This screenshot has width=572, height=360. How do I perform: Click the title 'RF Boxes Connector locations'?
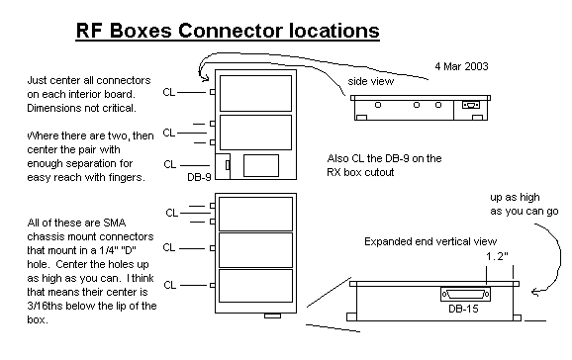tap(228, 31)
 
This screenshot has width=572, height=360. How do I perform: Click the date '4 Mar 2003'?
tap(461, 66)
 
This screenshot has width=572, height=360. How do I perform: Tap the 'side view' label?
tap(371, 81)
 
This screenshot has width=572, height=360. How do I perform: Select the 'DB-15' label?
tap(463, 309)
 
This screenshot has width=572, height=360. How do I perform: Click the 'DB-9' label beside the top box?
tap(199, 177)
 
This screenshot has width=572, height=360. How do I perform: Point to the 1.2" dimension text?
tap(497, 256)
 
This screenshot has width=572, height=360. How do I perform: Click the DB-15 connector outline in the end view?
tap(465, 294)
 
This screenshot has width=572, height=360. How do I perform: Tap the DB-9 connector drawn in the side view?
tap(471, 105)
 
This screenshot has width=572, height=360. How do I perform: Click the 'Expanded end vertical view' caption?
tap(430, 241)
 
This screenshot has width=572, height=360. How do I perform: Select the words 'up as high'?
tap(515, 198)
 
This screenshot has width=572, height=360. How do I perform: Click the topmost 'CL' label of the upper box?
tap(169, 92)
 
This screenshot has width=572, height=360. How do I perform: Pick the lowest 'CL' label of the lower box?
tap(169, 285)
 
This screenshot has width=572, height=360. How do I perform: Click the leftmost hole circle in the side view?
tap(378, 105)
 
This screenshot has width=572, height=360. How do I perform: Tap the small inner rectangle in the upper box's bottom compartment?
tap(261, 165)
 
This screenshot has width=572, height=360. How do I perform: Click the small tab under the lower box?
tap(272, 315)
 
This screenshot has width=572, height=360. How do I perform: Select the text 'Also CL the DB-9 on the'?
tap(385, 158)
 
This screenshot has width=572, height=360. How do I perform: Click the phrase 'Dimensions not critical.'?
tap(81, 109)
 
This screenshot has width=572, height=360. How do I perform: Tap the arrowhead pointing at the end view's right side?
tap(534, 292)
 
